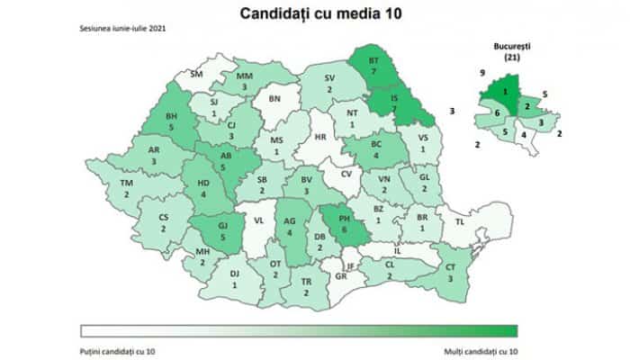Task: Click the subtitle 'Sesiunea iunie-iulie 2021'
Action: click(122, 29)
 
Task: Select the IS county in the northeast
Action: click(393, 97)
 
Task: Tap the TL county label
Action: click(460, 220)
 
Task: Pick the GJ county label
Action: click(222, 229)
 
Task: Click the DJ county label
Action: click(235, 273)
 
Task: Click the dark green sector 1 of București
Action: click(506, 90)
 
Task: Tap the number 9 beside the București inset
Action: click(482, 72)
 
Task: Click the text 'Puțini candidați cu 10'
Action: click(117, 346)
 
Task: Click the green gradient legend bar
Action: click(299, 329)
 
